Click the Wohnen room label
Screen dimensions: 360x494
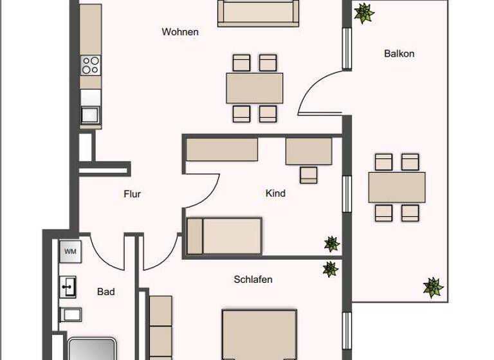point(180,32)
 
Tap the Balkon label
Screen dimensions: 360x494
point(399,53)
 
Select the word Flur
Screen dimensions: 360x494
point(132,194)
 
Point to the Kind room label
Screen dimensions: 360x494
point(275,193)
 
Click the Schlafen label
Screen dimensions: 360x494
point(253,280)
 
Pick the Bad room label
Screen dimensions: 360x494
point(106,292)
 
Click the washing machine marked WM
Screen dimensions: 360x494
point(70,252)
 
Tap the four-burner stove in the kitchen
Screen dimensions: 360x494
point(91,65)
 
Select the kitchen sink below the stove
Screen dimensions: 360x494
point(90,114)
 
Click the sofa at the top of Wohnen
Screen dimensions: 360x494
point(258,13)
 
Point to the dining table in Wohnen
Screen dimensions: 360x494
point(255,88)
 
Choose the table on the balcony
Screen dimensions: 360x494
point(397,187)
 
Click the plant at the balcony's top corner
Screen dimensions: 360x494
point(364,13)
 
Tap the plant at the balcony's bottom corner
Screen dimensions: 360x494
point(434,287)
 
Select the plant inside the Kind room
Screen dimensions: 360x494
point(331,244)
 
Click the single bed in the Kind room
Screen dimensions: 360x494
point(224,236)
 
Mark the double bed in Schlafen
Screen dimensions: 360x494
point(259,334)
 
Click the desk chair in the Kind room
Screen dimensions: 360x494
point(309,174)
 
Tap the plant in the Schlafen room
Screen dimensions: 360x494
point(330,269)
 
